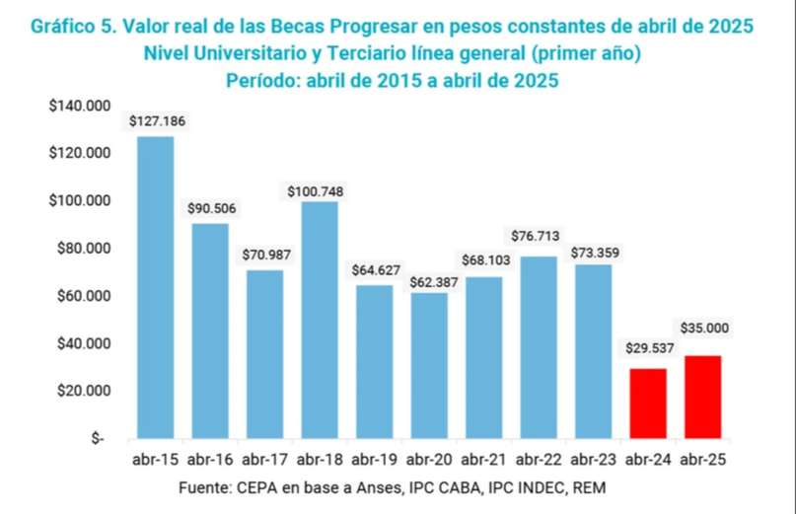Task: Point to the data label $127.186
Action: coord(157,121)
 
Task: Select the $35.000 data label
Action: coord(703,328)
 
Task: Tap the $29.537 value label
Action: coord(647,348)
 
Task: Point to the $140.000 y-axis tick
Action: coord(80,106)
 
